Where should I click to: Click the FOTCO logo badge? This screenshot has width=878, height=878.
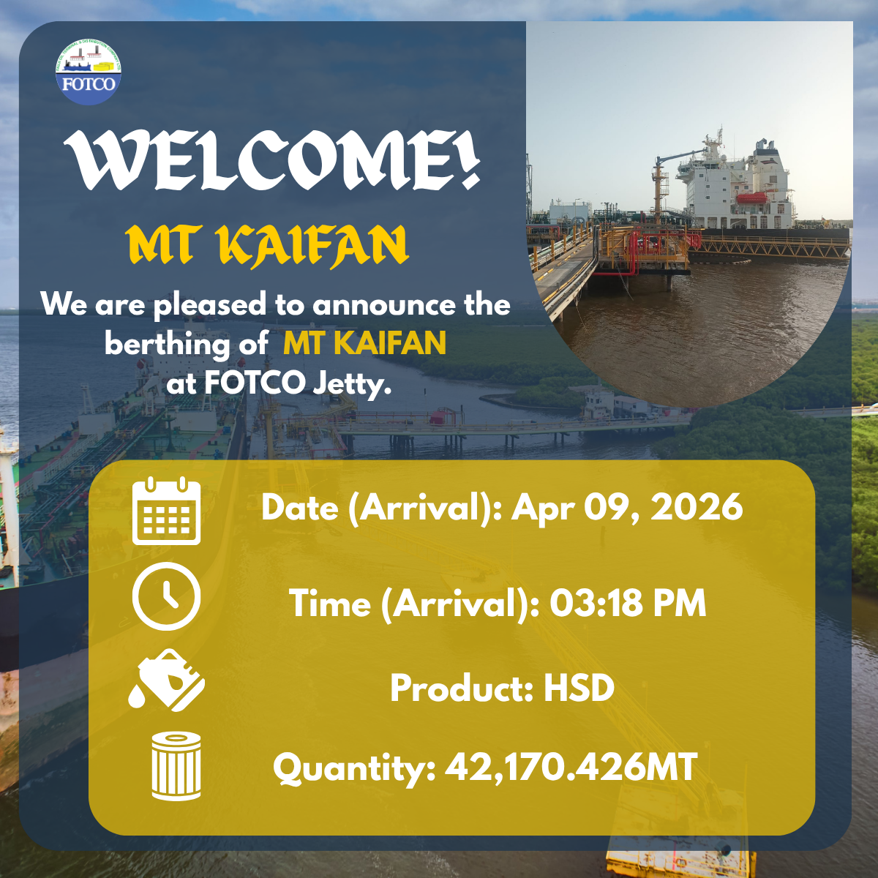(89, 72)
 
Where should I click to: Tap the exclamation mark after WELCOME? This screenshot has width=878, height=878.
(470, 159)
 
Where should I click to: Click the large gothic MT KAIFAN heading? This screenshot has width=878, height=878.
(267, 245)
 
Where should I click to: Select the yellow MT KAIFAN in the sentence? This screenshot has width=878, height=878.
(364, 343)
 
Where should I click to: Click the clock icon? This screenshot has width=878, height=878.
(166, 596)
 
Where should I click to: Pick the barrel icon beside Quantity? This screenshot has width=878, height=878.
(176, 766)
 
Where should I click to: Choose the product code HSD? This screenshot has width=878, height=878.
(579, 688)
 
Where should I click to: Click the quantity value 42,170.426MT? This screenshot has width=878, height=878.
(571, 767)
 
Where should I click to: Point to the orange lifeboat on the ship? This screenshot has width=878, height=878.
(752, 198)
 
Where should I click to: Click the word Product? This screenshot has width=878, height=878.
(462, 688)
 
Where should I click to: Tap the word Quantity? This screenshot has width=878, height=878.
(355, 769)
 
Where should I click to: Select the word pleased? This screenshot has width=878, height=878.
(209, 304)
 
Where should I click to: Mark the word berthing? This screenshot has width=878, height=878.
(167, 344)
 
